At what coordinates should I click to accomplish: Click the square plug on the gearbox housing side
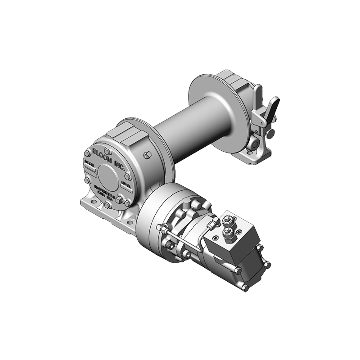pyautogui.click(x=146, y=156)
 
